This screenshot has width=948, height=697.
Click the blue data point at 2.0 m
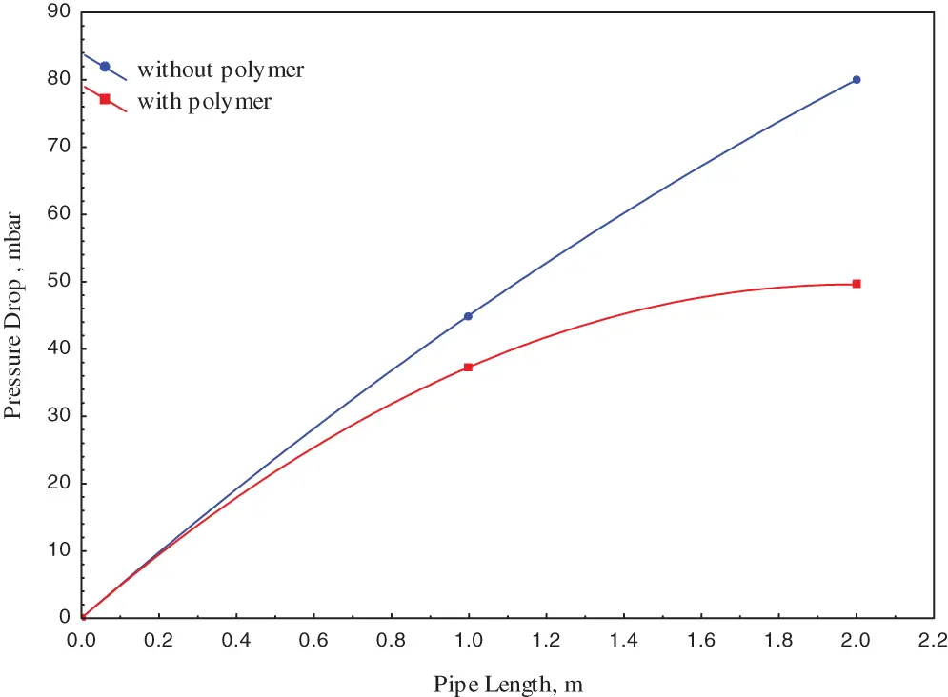pyautogui.click(x=857, y=80)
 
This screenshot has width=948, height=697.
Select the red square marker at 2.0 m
pyautogui.click(x=857, y=284)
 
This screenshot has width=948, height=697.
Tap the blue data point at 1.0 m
pyautogui.click(x=468, y=316)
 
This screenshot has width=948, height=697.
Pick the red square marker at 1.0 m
pyautogui.click(x=468, y=367)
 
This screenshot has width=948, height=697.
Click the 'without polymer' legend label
pyautogui.click(x=221, y=70)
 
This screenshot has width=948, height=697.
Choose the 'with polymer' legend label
pyautogui.click(x=205, y=101)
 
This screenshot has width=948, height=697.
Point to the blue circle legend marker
pyautogui.click(x=105, y=67)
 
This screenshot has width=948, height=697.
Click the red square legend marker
pyautogui.click(x=105, y=99)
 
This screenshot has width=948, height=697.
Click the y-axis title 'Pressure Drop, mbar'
pyautogui.click(x=13, y=315)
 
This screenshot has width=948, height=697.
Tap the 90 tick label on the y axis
pyautogui.click(x=59, y=12)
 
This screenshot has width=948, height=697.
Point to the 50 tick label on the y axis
pyautogui.click(x=59, y=282)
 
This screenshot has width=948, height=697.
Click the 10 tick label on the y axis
pyautogui.click(x=59, y=551)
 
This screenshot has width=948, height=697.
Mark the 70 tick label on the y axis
pyautogui.click(x=59, y=147)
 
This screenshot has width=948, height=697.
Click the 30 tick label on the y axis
pyautogui.click(x=59, y=416)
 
